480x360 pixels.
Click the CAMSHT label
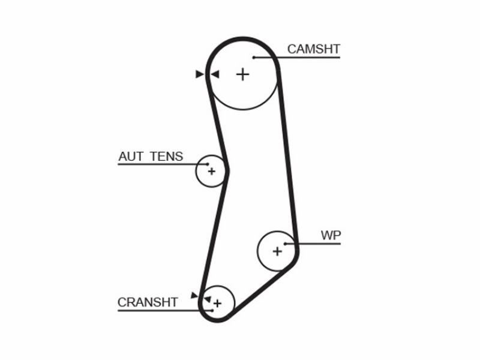click(314, 49)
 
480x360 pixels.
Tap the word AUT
click(131, 157)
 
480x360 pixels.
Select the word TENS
click(167, 157)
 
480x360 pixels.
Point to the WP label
click(331, 235)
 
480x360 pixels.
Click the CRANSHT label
click(148, 302)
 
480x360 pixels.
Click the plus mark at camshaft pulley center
click(243, 74)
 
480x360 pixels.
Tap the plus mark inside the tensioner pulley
click(212, 171)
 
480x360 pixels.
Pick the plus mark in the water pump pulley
click(277, 251)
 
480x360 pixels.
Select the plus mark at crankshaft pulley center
click(217, 304)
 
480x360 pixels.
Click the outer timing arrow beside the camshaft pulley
click(200, 74)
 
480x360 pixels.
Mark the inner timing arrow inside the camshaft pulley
click(215, 74)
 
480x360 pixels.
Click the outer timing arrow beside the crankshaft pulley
click(194, 295)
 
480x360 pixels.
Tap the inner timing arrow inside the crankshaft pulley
click(208, 299)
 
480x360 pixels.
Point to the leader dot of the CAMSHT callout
click(254, 57)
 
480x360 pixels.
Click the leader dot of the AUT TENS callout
click(208, 164)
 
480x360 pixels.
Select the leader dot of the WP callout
click(285, 244)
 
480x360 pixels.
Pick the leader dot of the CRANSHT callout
click(212, 311)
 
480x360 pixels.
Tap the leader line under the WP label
click(313, 244)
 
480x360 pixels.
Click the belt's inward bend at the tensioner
click(227, 171)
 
